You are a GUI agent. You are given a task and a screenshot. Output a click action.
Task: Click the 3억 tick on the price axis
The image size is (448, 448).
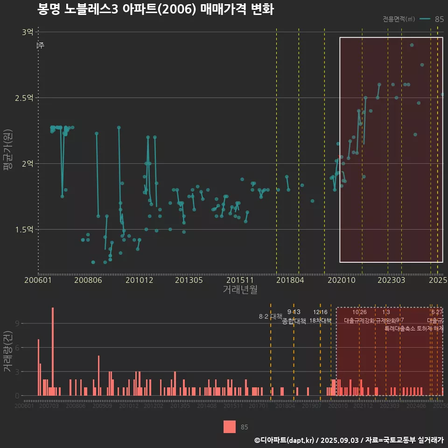tap(27, 32)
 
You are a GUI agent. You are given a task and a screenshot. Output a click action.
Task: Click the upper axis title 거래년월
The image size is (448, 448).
tap(240, 289)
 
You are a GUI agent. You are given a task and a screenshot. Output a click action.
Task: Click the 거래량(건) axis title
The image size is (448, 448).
tap(7, 351)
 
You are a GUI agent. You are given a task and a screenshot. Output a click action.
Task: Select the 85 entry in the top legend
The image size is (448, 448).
tap(439, 19)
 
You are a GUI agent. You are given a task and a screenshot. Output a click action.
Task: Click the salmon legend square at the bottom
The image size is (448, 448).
tap(230, 427)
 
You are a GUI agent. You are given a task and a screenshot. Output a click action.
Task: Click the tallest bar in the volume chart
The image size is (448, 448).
tap(53, 351)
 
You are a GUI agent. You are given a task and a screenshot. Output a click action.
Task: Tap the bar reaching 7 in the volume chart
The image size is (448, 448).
tap(38, 367)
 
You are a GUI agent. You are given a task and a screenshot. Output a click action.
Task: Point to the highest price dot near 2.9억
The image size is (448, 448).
tap(412, 45)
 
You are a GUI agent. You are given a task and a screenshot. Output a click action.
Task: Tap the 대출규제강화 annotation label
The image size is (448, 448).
tap(359, 321)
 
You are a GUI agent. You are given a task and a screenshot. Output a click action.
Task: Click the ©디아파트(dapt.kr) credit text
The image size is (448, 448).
tap(285, 440)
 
